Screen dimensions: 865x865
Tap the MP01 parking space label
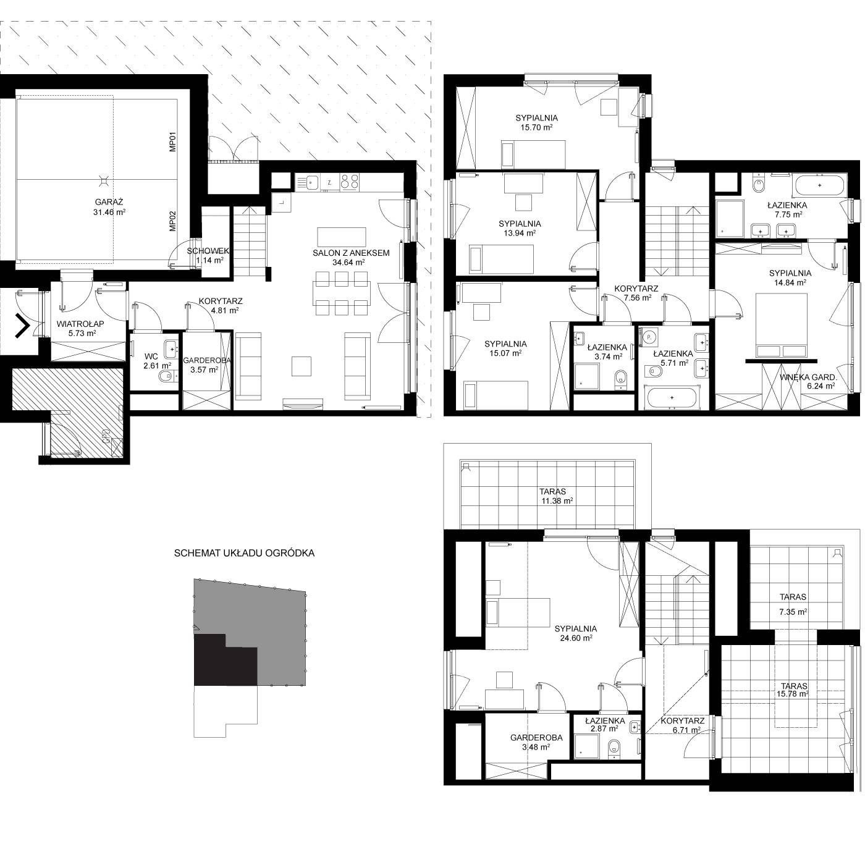[x=173, y=141]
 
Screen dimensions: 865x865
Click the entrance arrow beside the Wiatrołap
[x=22, y=326]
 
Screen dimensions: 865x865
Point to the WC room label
[x=151, y=357]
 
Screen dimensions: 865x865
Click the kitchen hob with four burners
[x=350, y=182]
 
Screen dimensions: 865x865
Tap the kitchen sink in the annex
[x=311, y=182]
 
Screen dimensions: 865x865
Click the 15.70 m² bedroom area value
[x=536, y=127]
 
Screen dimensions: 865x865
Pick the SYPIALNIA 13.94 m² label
[x=520, y=228]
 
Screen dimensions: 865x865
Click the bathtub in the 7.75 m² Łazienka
[x=820, y=185]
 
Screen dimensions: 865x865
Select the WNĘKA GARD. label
[x=808, y=378]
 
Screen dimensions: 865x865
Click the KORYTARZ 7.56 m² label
[x=636, y=293]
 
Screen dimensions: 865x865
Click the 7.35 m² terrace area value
[x=793, y=612]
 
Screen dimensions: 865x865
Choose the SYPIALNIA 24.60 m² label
[x=576, y=633]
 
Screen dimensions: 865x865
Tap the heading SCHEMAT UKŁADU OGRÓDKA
[x=244, y=553]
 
